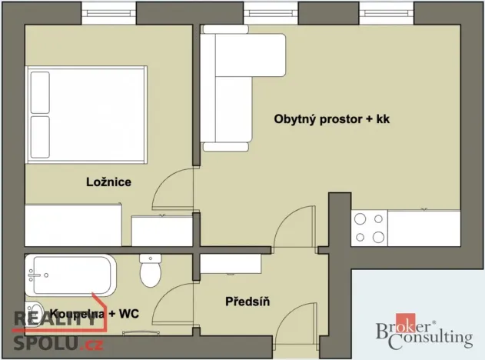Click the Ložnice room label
pos(107,182)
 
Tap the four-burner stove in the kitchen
pos(369,228)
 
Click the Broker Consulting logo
pos(423,331)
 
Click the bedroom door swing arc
pos(173,188)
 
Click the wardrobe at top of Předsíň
pos(231,264)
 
